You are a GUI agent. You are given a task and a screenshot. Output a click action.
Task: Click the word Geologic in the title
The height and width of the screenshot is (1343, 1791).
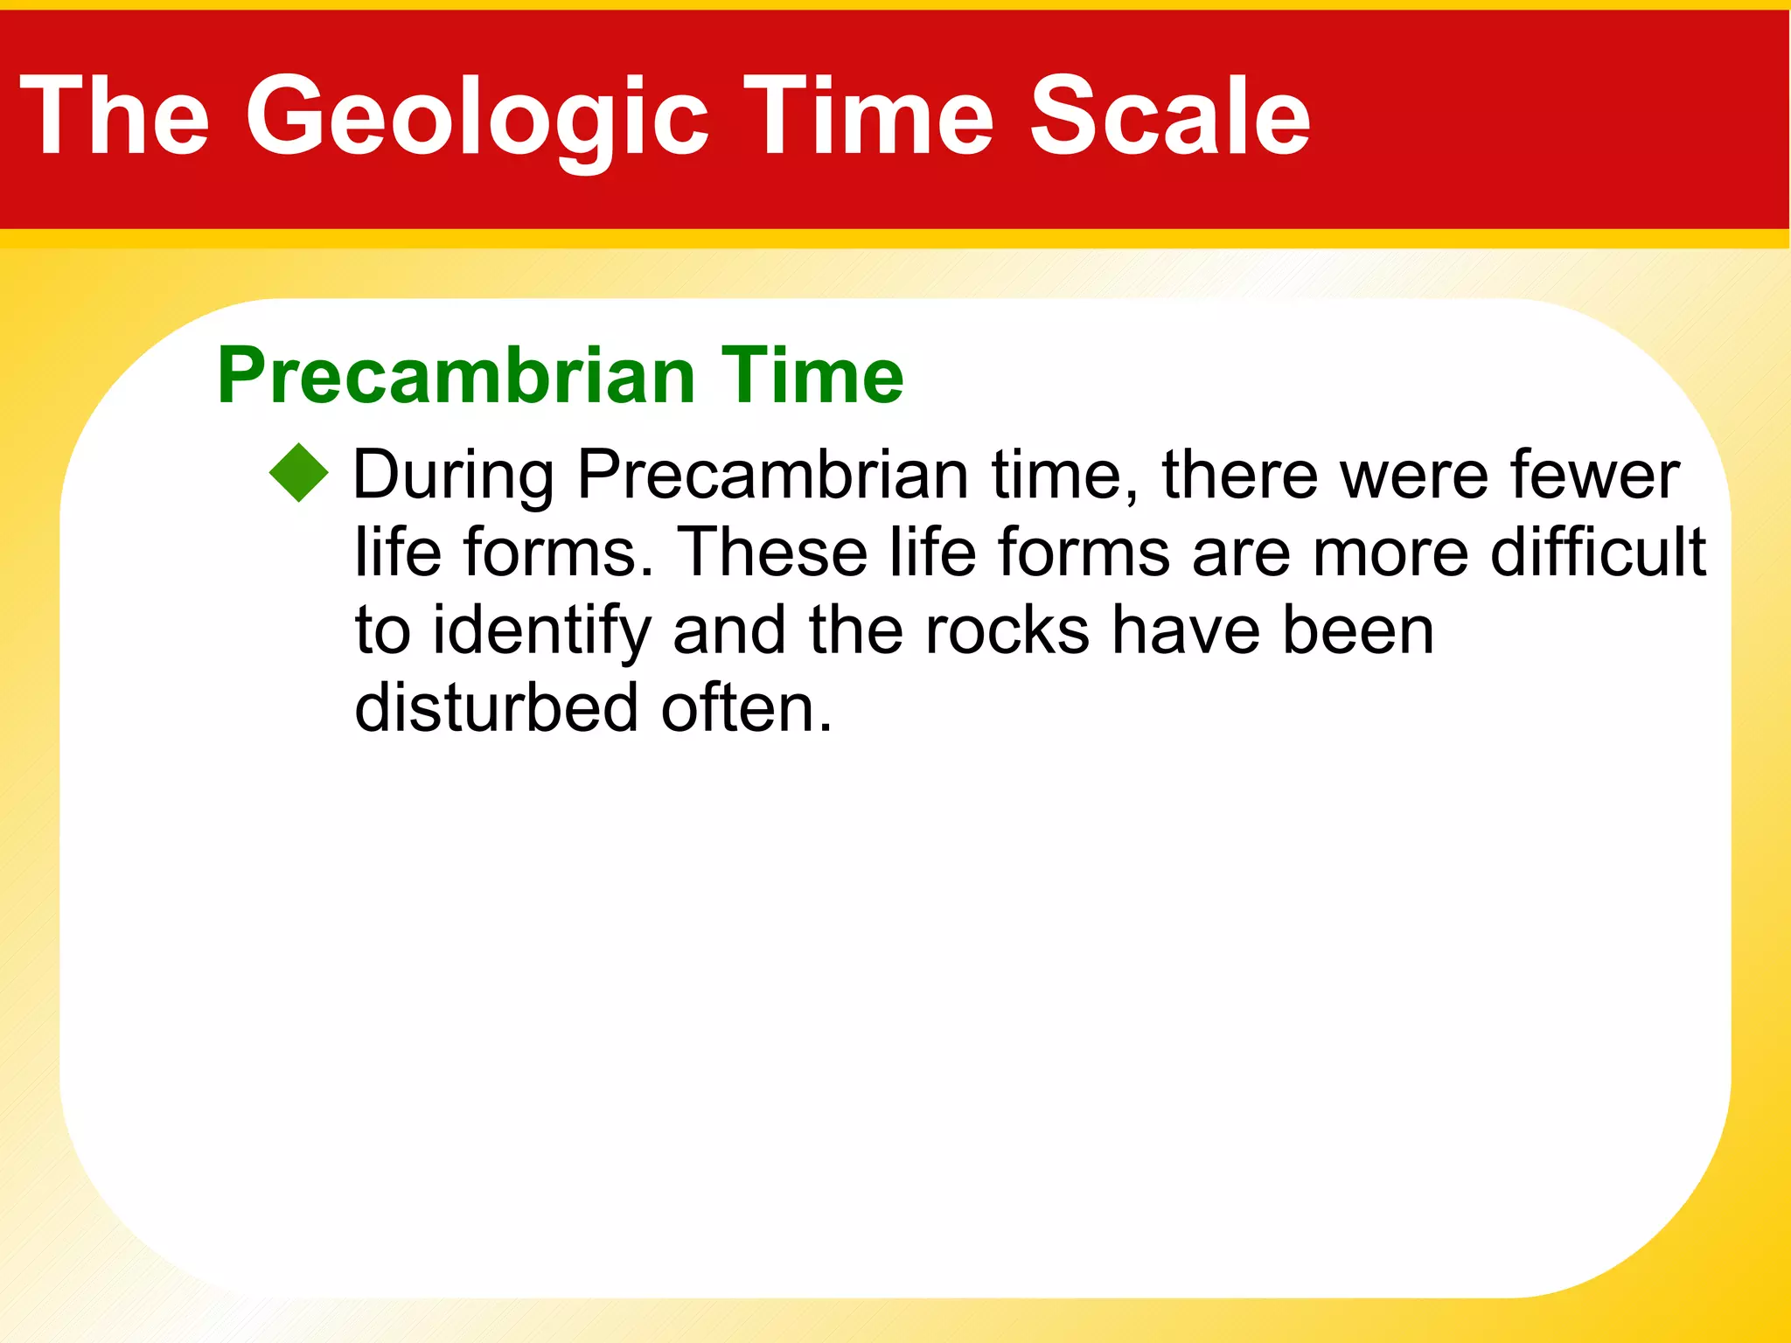(477, 115)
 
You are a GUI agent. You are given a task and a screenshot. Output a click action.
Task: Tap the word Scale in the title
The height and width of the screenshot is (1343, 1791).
(1169, 115)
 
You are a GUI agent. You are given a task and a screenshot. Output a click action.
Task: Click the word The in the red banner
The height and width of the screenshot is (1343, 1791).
(115, 115)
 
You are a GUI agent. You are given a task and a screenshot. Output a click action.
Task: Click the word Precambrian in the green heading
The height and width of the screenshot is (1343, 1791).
(456, 376)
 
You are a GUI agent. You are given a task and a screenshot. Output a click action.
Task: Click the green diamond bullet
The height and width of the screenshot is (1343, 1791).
(299, 473)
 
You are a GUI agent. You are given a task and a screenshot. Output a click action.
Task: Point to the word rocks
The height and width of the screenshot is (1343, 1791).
(1007, 630)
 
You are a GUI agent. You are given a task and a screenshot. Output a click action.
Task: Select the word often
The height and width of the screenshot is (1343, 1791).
(746, 707)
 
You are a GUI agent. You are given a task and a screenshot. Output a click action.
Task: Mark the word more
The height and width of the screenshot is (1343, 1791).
(1390, 554)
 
